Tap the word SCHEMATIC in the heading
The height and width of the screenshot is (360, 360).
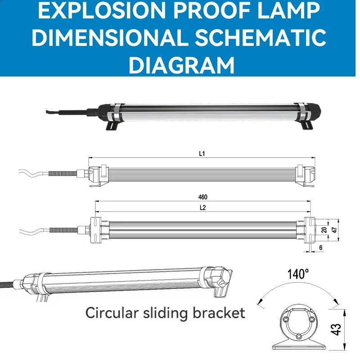tap(261, 37)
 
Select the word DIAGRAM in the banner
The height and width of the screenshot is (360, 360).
tap(182, 65)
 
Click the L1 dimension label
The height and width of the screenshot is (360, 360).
tap(202, 153)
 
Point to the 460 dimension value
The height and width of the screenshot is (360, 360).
tap(203, 197)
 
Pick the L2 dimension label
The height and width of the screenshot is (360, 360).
tap(202, 207)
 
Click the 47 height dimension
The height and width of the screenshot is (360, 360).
tap(334, 230)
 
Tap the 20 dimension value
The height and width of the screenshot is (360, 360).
tap(324, 230)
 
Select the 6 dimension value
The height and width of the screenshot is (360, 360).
tap(321, 247)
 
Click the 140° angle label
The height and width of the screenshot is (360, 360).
tap(298, 274)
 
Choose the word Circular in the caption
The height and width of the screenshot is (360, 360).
tap(112, 313)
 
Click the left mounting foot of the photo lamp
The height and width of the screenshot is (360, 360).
tap(112, 126)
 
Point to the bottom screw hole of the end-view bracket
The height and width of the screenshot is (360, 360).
tap(298, 337)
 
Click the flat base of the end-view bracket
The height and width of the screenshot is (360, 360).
tap(298, 346)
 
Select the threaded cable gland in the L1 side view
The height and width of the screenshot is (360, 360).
tap(63, 173)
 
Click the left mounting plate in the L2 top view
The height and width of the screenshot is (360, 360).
tap(95, 230)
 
